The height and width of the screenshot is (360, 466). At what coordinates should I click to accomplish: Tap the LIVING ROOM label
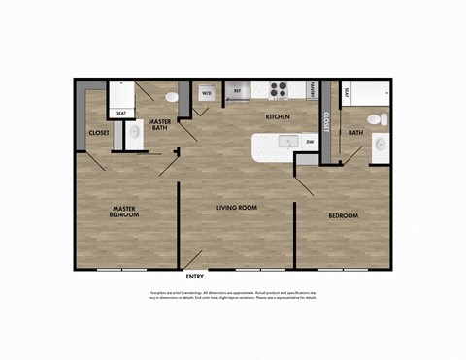tap(235, 208)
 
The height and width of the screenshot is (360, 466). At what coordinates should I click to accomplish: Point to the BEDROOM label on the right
tap(343, 214)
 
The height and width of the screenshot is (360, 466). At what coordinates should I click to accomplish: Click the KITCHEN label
tap(279, 117)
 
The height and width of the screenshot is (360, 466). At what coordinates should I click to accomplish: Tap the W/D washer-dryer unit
tap(206, 94)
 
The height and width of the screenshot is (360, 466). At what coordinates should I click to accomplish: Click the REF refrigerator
tap(238, 92)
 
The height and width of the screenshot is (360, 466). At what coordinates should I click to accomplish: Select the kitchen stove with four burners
tap(280, 90)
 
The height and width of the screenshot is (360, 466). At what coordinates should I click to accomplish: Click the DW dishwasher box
tap(310, 143)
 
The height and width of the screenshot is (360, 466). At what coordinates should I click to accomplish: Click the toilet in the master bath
tap(172, 97)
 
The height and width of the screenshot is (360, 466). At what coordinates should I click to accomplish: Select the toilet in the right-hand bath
tap(383, 120)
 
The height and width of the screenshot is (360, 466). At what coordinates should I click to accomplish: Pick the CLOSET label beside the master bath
tap(98, 133)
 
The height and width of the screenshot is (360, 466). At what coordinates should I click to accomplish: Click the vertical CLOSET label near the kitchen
tap(327, 121)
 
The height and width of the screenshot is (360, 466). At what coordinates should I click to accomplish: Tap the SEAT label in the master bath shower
tap(121, 113)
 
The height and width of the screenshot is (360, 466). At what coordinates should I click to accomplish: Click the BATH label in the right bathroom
tap(355, 133)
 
